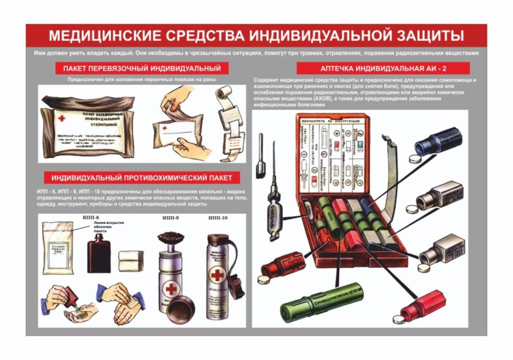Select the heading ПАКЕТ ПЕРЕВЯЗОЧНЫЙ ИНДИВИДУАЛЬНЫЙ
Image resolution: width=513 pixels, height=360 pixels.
(137, 68)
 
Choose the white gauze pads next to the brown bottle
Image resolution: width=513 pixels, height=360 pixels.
(131, 258)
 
